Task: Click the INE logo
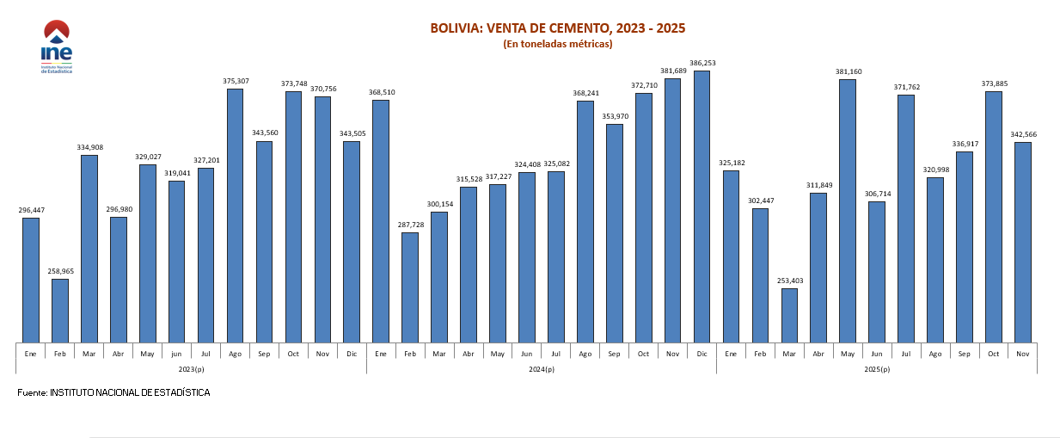point(57,47)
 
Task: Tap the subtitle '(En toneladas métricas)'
point(557,44)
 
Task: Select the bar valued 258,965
point(60,310)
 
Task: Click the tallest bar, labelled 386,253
point(702,206)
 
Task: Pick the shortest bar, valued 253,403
point(789,315)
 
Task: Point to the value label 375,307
point(235,81)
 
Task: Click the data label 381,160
point(848,71)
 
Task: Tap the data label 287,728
point(410,225)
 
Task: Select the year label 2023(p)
point(192,369)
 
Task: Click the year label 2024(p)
point(542,369)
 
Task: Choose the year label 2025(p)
point(877,369)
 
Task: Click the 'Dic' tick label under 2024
point(702,354)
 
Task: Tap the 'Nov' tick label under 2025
point(1022,354)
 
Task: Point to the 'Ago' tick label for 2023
point(235,354)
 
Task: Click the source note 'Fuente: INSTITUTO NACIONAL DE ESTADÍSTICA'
point(113,393)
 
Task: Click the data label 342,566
point(1022,134)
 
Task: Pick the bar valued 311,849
point(818,267)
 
